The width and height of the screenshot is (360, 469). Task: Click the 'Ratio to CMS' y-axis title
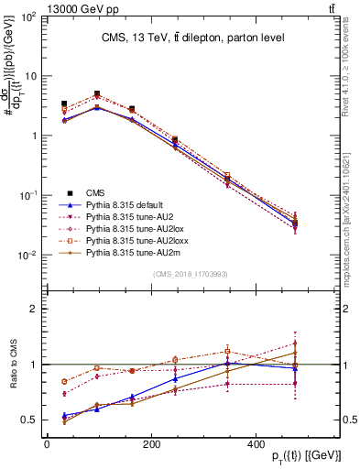[12, 365]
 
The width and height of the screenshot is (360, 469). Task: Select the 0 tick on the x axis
[47, 444]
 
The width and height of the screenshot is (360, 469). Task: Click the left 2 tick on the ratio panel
[34, 309]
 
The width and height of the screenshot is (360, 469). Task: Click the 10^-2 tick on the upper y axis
[27, 256]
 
